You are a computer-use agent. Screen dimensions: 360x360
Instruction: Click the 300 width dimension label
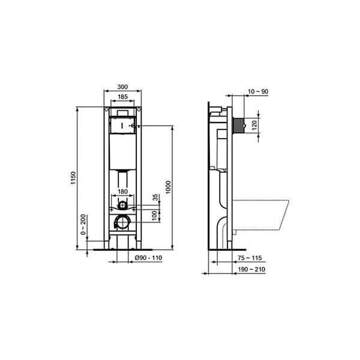(122, 86)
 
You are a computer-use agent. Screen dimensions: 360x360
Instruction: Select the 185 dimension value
(122, 96)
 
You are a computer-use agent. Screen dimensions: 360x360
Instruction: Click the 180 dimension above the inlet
(122, 192)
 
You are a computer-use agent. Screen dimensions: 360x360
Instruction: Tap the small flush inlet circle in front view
(122, 205)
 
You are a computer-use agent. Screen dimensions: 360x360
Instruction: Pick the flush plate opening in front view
(122, 127)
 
